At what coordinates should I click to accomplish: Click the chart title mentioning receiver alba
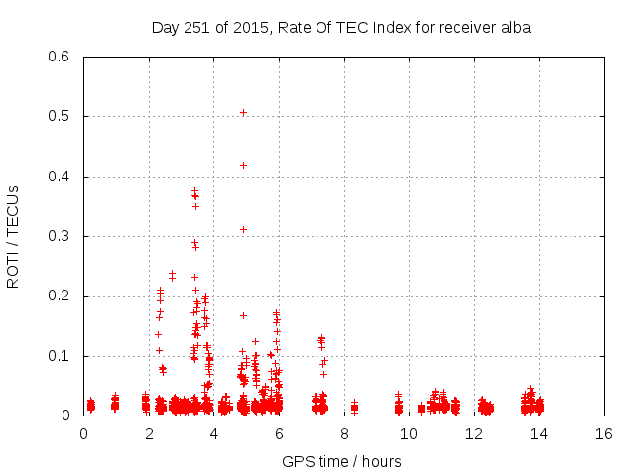click(341, 28)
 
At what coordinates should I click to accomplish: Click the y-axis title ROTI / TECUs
click(13, 236)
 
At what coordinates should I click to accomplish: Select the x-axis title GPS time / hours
click(341, 461)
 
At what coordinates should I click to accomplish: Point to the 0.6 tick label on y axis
click(61, 57)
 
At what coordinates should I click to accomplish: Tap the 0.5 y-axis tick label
click(61, 116)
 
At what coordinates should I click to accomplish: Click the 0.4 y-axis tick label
click(61, 177)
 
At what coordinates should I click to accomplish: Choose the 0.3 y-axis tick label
click(61, 236)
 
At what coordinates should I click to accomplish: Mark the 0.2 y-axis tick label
click(61, 297)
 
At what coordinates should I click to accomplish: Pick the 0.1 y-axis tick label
click(61, 356)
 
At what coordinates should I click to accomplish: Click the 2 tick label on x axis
click(149, 433)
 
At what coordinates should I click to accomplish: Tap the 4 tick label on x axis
click(214, 433)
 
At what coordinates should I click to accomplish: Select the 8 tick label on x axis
click(344, 433)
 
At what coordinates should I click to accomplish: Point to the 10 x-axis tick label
click(410, 433)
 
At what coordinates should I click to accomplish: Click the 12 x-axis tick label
click(475, 433)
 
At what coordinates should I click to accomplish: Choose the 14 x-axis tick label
click(540, 433)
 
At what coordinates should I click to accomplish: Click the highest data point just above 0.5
click(243, 113)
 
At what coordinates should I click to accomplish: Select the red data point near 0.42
click(243, 165)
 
